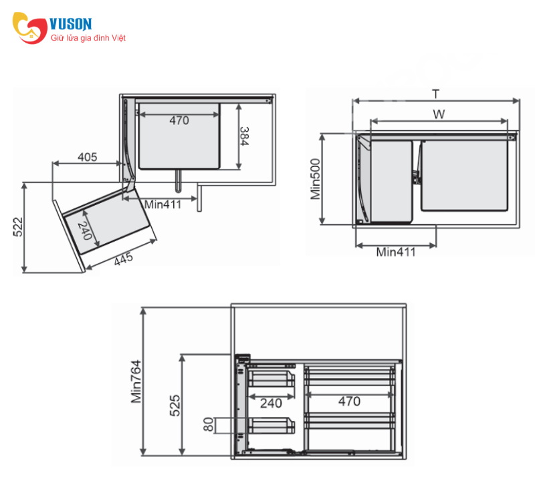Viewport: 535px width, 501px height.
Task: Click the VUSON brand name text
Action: click(71, 24)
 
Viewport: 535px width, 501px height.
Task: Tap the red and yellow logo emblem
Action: click(29, 28)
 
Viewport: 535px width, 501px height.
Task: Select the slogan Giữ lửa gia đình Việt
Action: click(88, 38)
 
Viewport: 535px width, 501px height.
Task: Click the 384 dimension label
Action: click(244, 136)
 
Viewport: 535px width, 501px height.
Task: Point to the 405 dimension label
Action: click(88, 157)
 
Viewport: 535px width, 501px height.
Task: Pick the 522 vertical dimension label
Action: click(18, 226)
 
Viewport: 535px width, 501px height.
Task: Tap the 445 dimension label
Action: click(123, 259)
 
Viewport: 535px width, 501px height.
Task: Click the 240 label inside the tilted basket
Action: click(85, 230)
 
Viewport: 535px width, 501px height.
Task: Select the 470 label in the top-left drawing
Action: click(179, 120)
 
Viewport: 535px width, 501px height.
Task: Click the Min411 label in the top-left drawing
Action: click(163, 204)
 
